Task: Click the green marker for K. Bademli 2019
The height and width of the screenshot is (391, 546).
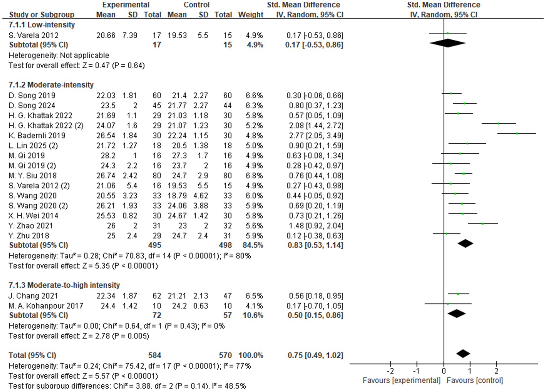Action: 517,133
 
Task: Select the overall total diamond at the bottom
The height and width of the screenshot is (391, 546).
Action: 463,354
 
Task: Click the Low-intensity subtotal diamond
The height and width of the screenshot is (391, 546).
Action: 447,43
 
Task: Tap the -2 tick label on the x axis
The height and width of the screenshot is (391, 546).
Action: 391,371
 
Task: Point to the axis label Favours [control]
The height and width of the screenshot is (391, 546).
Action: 475,380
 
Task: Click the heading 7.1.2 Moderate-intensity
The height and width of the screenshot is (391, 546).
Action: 51,85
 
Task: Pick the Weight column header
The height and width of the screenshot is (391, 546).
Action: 250,14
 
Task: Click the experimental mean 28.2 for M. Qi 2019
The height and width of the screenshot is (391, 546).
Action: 108,155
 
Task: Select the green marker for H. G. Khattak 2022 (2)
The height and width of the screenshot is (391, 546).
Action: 499,123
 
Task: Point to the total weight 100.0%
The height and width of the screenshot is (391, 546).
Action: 250,355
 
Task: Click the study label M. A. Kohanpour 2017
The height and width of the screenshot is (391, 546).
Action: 46,306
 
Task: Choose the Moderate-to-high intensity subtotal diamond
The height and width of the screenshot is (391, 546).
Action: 456,313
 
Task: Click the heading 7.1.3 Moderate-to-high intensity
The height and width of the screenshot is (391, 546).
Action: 64,285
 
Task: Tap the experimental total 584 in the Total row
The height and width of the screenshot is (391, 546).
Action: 154,355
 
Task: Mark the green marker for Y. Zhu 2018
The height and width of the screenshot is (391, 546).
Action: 446,234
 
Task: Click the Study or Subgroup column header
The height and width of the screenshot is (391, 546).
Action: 42,14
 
